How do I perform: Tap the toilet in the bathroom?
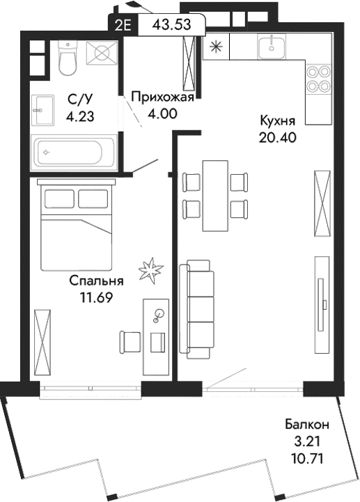pyautogui.click(x=68, y=58)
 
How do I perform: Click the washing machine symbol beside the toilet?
pyautogui.click(x=102, y=54)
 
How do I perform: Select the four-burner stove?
pyautogui.click(x=318, y=78)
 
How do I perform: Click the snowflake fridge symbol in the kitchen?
pyautogui.click(x=217, y=47)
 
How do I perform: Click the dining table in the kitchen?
pyautogui.click(x=214, y=196)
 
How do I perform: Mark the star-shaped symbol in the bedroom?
pyautogui.click(x=149, y=269)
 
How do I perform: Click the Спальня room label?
pyautogui.click(x=96, y=281)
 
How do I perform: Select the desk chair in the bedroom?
pyautogui.click(x=130, y=340)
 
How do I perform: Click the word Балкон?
pyautogui.click(x=306, y=424)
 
